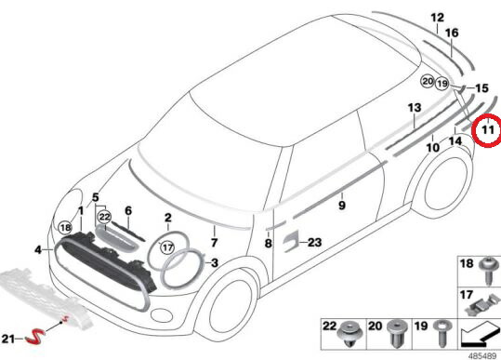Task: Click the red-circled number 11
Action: click(486, 131)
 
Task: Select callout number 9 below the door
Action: click(341, 205)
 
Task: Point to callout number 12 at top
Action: click(438, 17)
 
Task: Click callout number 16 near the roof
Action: click(452, 33)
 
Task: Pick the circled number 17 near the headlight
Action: click(167, 247)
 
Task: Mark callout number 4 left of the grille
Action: click(37, 249)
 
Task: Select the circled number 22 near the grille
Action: click(105, 216)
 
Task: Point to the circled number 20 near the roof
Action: click(427, 82)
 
